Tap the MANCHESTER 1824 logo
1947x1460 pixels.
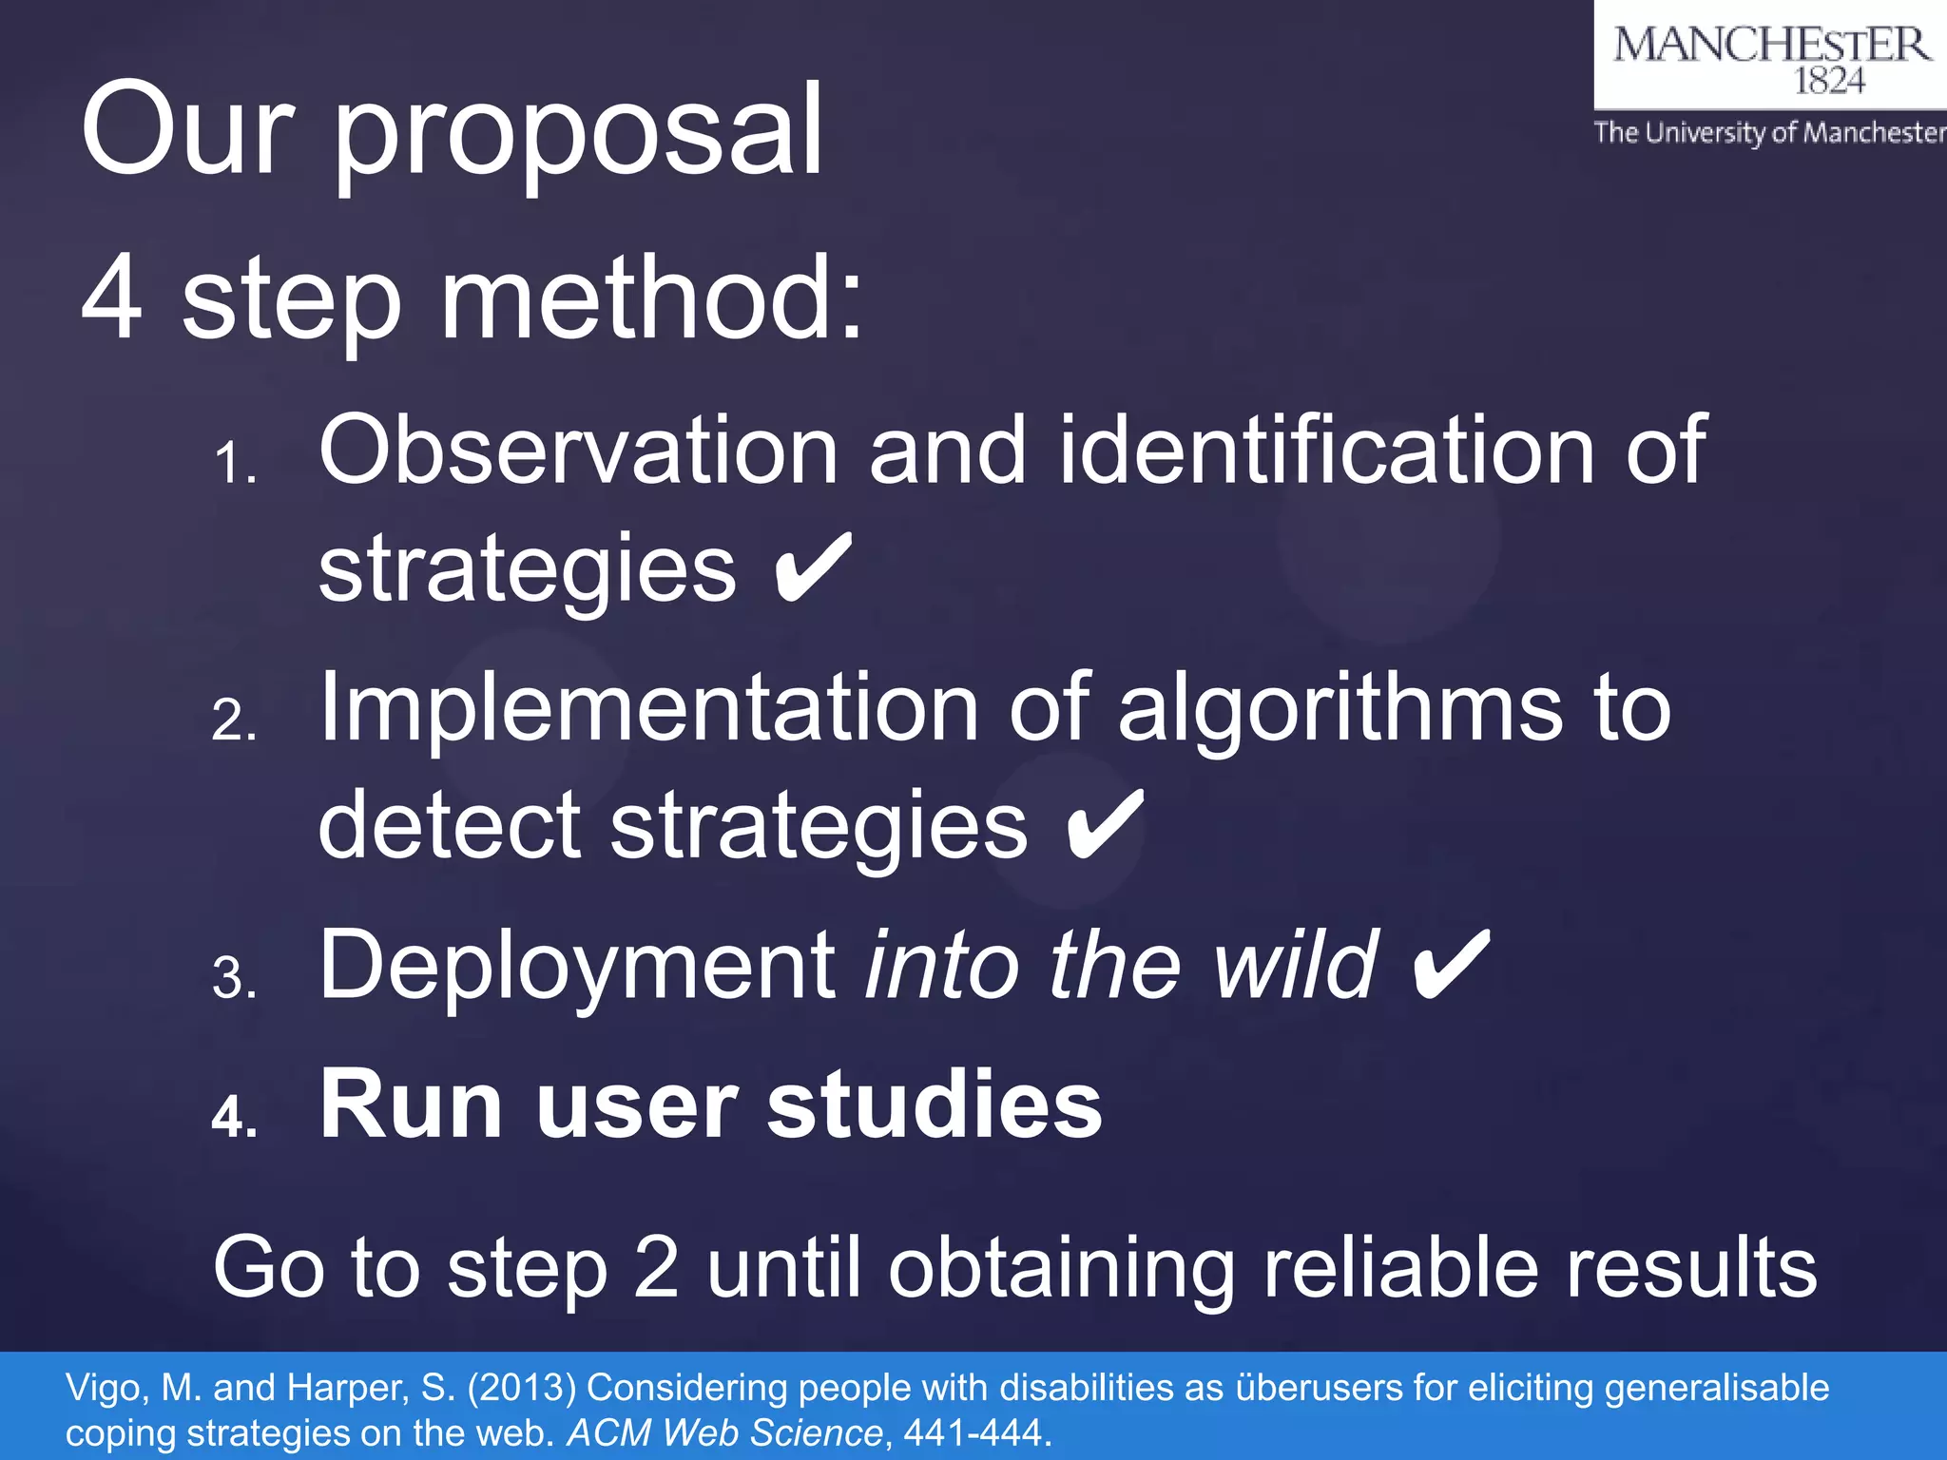tap(1771, 57)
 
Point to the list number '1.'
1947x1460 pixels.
tap(235, 465)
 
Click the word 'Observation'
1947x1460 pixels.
tap(578, 451)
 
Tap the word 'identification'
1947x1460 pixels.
tap(1326, 451)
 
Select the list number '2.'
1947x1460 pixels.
tap(235, 720)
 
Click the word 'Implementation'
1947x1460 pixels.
tap(648, 708)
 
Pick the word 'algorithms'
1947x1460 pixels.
tap(1340, 708)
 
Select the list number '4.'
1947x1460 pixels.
tap(235, 1117)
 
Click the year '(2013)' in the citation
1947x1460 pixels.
tap(521, 1389)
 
